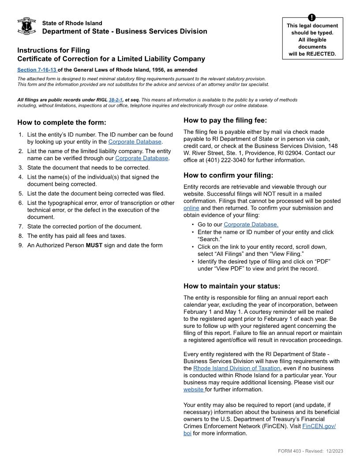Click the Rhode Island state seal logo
point(26,26)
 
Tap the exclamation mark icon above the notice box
point(312,18)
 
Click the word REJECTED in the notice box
point(321,54)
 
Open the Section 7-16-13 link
point(37,70)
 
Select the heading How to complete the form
point(62,123)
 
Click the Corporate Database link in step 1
point(135,142)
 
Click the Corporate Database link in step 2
point(142,158)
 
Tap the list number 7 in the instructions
point(20,226)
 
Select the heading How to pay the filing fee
point(225,120)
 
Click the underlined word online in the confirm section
point(191,208)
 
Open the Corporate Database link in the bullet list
point(251,225)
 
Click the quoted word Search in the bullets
point(210,239)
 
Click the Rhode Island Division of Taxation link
point(236,368)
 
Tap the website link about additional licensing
point(193,390)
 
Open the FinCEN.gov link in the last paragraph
point(319,426)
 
